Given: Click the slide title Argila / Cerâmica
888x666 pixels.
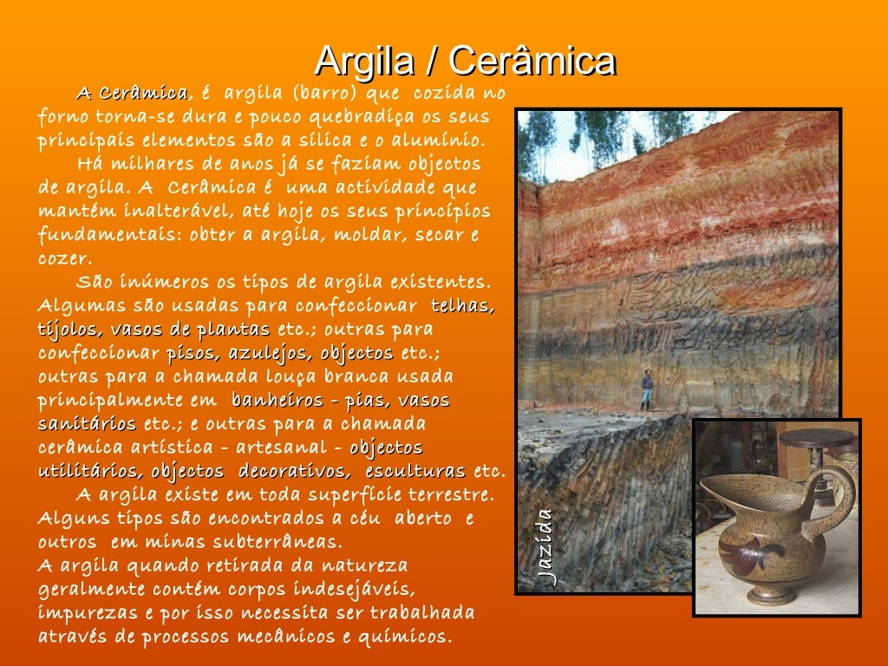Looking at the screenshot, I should pyautogui.click(x=465, y=61).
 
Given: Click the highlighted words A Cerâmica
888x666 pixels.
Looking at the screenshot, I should pyautogui.click(x=132, y=93).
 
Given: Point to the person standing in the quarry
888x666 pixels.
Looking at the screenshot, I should pyautogui.click(x=646, y=389).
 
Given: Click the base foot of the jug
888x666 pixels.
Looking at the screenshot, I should pyautogui.click(x=772, y=597).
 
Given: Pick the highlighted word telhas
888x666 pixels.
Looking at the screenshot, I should pyautogui.click(x=463, y=306).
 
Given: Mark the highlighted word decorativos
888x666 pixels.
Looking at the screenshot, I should pyautogui.click(x=294, y=471).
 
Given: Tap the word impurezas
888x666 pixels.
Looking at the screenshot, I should pyautogui.click(x=84, y=613).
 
